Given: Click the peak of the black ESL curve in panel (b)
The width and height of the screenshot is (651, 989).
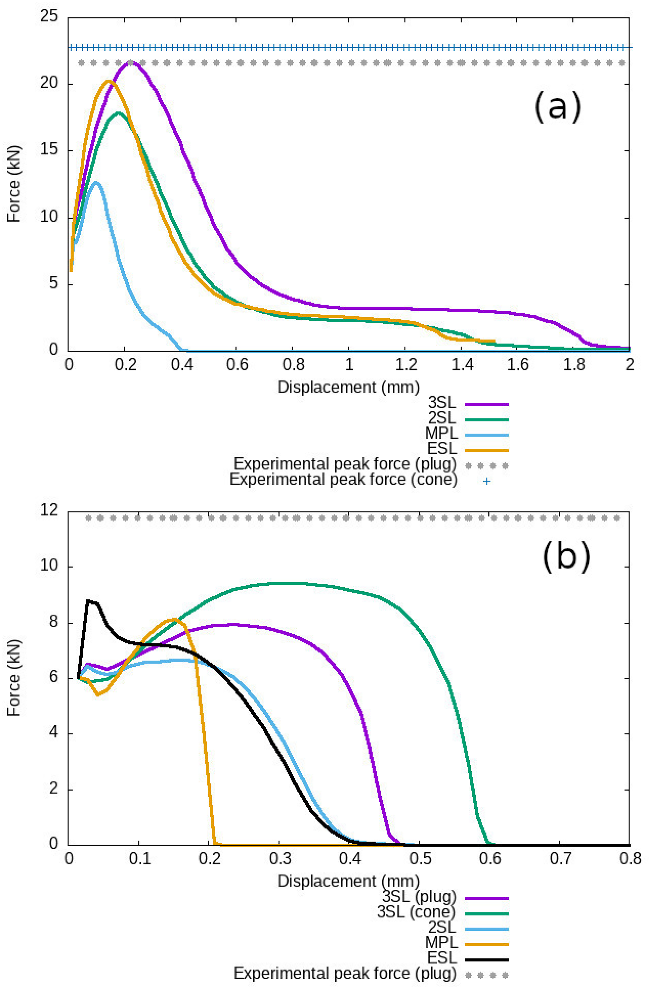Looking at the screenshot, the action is point(88,600).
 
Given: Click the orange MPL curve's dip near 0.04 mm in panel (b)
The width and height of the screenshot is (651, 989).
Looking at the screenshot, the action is point(98,694).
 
